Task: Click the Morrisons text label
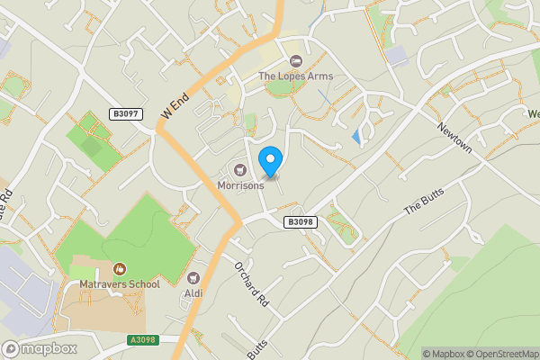(241, 185)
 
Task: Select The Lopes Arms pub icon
(296, 61)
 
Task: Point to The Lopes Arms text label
(296, 76)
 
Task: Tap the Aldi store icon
(193, 278)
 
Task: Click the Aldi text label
(193, 293)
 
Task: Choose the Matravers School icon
(119, 268)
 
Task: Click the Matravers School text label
(119, 284)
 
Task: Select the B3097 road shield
(127, 114)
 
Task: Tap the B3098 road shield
(301, 221)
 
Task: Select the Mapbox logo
(38, 348)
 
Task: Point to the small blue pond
(359, 138)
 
